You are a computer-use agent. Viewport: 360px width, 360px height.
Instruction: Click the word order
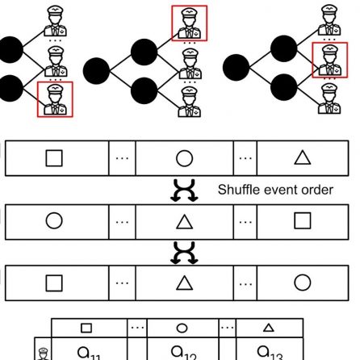(317, 190)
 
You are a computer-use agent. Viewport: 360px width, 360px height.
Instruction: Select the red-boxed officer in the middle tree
(190, 23)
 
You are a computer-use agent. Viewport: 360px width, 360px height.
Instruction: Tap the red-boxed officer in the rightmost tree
(329, 60)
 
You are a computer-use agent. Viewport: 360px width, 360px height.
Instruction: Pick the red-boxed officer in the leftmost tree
(55, 99)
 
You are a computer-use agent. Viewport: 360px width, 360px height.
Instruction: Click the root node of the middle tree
(96, 71)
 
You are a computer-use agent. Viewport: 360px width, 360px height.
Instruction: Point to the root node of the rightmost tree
(236, 67)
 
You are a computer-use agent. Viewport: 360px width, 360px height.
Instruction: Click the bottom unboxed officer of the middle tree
(190, 102)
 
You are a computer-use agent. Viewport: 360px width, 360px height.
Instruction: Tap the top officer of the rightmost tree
(329, 20)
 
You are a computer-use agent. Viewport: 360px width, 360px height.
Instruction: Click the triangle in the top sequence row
(303, 157)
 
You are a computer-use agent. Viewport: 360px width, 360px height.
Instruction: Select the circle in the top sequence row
(184, 158)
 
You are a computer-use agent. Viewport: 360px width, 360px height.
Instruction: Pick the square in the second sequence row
(303, 220)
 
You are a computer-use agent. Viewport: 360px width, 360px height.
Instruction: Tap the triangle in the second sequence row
(184, 222)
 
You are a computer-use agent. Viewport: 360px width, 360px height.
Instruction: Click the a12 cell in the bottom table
(183, 349)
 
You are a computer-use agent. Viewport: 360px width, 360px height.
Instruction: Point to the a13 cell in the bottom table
(270, 349)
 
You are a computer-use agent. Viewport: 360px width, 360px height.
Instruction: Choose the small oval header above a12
(182, 329)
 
